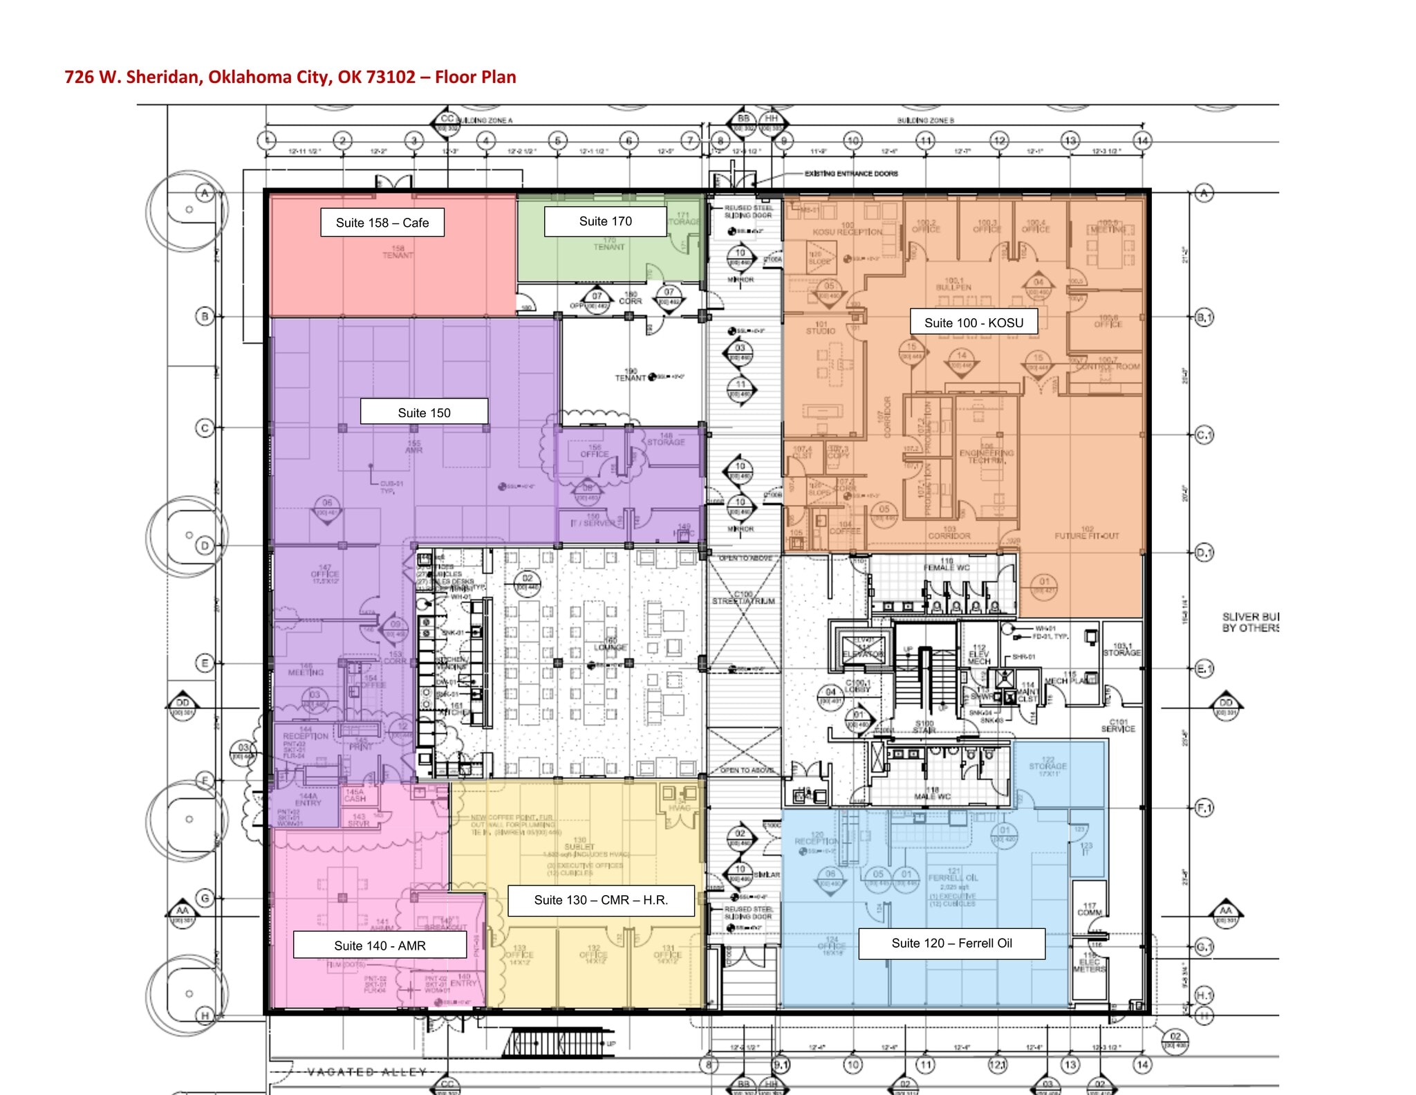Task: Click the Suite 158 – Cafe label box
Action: pos(382,223)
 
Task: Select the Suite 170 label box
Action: pos(605,221)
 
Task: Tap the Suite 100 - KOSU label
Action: pos(973,323)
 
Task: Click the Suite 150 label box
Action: pos(424,412)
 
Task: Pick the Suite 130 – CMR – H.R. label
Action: pos(600,900)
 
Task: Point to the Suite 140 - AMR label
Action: pos(380,946)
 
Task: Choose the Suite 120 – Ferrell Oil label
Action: pos(951,944)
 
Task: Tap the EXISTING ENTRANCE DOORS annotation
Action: pos(850,174)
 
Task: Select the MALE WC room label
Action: pos(932,796)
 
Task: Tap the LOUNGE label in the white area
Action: pos(611,647)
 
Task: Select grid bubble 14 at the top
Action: pos(1142,140)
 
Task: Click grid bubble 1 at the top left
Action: pos(267,140)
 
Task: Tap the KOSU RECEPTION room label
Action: pos(847,232)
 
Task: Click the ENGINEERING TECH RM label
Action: pos(987,456)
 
